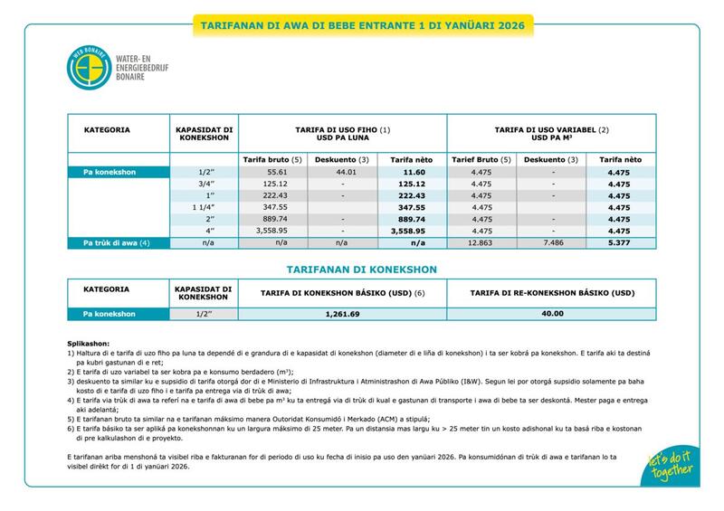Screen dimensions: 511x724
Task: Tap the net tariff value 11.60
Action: coord(414,171)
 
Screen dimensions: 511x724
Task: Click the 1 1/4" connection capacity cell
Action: coord(204,207)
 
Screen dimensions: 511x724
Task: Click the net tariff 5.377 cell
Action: coord(619,242)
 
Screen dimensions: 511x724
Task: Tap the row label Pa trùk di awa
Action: coord(116,242)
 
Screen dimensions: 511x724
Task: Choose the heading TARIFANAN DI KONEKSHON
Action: coord(362,270)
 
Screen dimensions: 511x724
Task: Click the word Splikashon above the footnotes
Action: coord(88,345)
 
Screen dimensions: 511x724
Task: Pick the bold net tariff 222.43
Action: coord(414,195)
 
